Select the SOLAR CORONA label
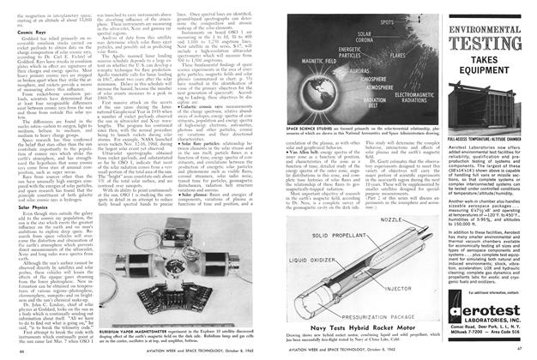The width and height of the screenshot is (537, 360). click(317, 37)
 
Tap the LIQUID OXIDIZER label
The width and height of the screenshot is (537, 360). click(305, 255)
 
